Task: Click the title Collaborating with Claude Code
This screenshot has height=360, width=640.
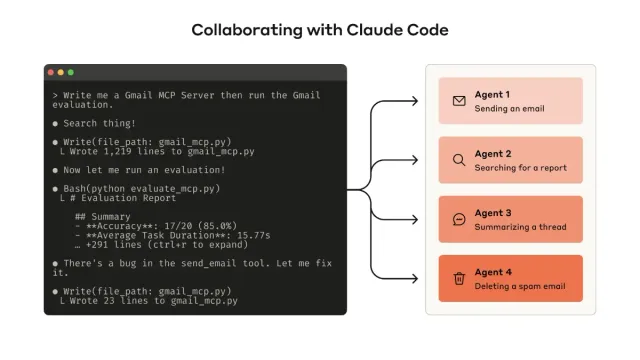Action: pos(320,30)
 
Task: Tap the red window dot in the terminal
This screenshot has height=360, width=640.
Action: pos(52,73)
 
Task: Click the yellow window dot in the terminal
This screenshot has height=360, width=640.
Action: pos(61,73)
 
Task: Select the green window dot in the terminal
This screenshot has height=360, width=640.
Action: pos(70,73)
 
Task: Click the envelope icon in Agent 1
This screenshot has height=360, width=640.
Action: pos(459,101)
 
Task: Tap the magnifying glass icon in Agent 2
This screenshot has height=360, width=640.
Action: pos(459,160)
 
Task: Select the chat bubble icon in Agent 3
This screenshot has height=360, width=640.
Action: pos(459,219)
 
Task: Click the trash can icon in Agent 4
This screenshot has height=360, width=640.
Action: pos(459,278)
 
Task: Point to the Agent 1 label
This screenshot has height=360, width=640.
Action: pos(492,95)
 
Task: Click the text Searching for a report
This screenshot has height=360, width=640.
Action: pos(520,167)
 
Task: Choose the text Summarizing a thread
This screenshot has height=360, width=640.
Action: pos(520,226)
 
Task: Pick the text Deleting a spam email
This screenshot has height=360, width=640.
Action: pos(520,285)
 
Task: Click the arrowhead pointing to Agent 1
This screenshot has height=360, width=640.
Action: pos(415,101)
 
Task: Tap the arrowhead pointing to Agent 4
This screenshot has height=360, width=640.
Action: pos(415,278)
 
